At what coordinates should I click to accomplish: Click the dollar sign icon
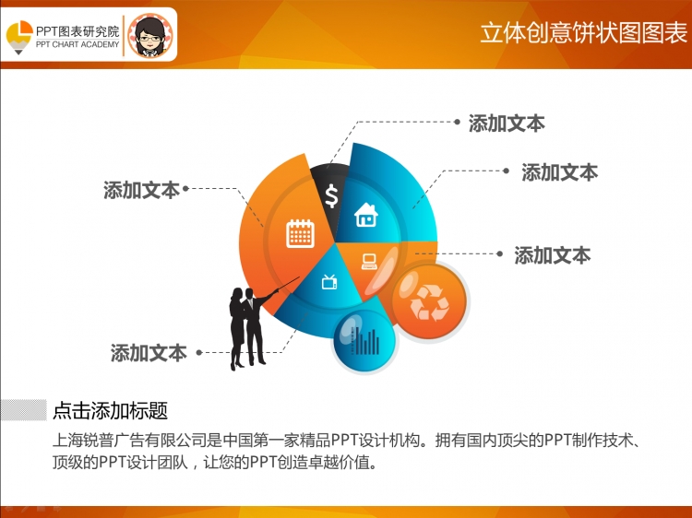coord(331,196)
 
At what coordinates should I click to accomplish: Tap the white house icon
coord(366,215)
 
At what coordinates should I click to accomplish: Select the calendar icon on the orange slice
coord(300,233)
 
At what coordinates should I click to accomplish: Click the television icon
coord(329,282)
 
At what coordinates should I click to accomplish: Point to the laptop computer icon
coord(369,262)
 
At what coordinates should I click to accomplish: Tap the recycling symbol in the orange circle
coord(429,302)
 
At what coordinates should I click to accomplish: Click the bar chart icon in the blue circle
coord(364,341)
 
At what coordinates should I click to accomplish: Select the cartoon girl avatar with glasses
coord(150,35)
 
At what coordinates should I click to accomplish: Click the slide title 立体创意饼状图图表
coord(583,33)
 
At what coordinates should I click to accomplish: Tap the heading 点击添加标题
coord(111,410)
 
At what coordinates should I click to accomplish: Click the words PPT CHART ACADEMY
coord(78,44)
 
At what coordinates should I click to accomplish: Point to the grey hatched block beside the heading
coord(23,410)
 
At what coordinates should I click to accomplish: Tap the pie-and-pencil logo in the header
coord(19,37)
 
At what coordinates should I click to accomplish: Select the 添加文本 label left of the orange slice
coord(142,191)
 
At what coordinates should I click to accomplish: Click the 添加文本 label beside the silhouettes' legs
coord(149,353)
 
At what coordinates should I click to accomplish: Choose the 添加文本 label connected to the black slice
coord(507,124)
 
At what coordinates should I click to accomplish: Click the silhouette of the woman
coord(237,328)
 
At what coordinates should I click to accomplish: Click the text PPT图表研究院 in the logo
coord(78,31)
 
